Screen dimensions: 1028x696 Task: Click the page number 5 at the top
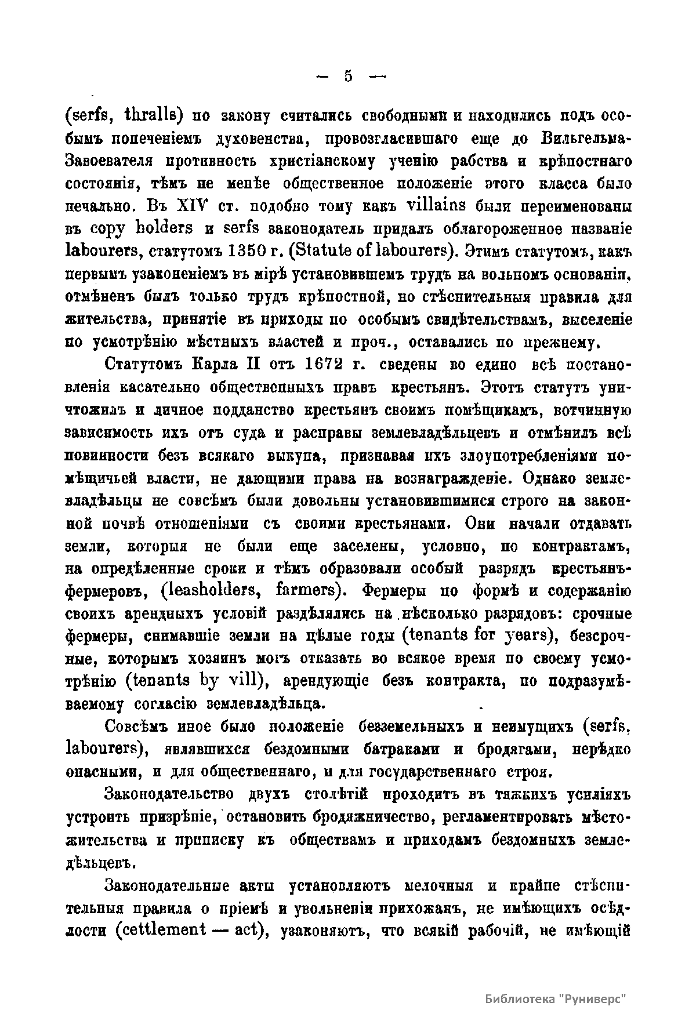click(x=348, y=76)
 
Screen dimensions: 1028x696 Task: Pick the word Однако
click(x=551, y=478)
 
